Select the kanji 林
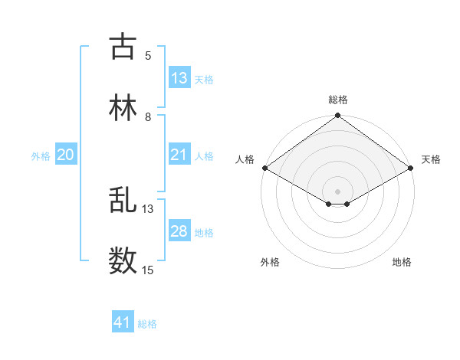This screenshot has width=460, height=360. tap(123, 108)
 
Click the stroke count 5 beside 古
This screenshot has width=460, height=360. tap(148, 55)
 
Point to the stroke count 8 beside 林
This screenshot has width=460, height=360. tap(148, 117)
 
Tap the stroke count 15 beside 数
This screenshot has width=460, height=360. tap(148, 270)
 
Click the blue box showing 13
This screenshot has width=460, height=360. tap(179, 78)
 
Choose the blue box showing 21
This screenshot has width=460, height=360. tap(179, 155)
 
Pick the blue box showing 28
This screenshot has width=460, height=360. tap(179, 231)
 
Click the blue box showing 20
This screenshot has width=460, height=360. tap(66, 155)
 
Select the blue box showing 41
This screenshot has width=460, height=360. tap(123, 323)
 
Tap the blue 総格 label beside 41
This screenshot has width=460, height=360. tap(147, 325)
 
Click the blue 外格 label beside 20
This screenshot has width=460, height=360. tap(41, 156)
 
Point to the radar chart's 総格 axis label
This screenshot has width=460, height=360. tap(338, 100)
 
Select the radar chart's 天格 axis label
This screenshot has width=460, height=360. tap(431, 159)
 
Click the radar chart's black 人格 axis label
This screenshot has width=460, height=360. tap(245, 159)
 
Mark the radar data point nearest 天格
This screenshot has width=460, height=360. tap(412, 168)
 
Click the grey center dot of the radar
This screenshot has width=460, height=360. tap(338, 191)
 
